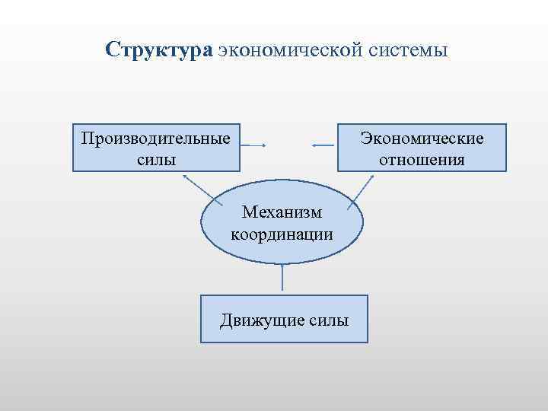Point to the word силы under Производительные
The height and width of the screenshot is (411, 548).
pos(157,159)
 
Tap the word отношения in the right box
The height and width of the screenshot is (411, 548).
pos(422,159)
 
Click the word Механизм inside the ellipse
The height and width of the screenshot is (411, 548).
pos(282,212)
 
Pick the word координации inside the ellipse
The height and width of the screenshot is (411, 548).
pos(282,234)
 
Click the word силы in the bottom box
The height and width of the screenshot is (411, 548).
pos(330,320)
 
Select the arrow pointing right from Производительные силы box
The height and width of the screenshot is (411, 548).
pos(253,145)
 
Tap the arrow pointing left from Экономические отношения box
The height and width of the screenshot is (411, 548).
pos(323,145)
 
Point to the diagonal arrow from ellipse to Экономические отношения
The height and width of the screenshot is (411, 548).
pos(362,190)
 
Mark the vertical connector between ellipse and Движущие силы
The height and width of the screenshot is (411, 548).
pos(282,279)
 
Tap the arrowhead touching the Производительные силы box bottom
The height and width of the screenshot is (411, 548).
pos(184,174)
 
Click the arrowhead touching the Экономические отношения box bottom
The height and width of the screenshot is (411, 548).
pos(372,176)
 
